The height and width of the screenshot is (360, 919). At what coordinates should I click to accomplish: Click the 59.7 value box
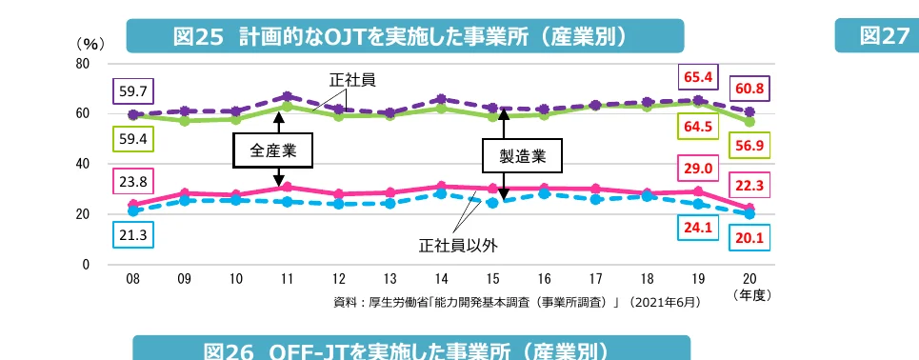[132, 91]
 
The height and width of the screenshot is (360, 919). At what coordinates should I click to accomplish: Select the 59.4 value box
[132, 139]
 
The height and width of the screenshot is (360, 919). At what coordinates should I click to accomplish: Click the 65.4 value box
[697, 73]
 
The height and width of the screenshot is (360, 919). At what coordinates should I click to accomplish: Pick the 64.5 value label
[697, 125]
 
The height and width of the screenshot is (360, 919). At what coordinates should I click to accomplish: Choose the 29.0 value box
[697, 169]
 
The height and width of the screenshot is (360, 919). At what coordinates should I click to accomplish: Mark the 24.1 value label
[697, 228]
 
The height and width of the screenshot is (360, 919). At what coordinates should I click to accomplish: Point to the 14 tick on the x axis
[441, 279]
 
